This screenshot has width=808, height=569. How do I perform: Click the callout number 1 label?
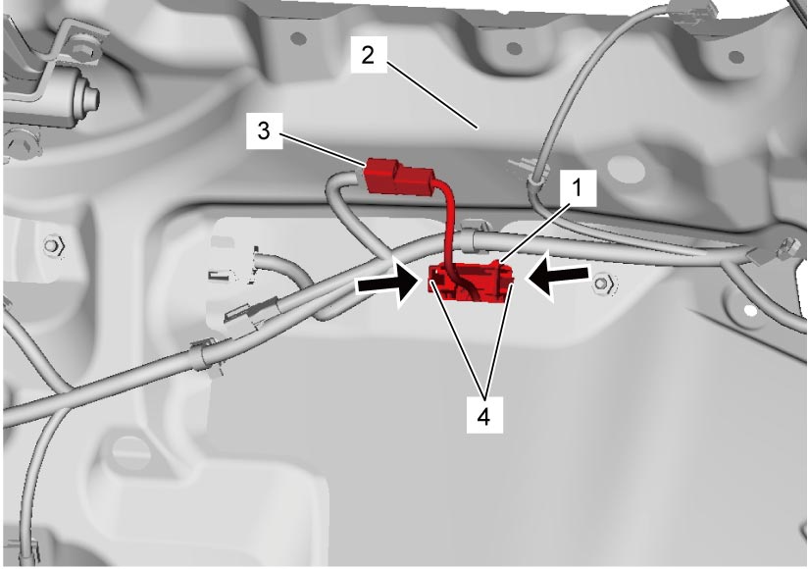click(x=578, y=188)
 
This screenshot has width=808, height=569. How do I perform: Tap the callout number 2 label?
click(x=368, y=55)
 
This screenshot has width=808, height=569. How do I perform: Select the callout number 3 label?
click(x=264, y=130)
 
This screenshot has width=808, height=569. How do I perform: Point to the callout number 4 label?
click(x=484, y=415)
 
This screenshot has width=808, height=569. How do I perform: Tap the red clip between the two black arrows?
click(x=470, y=283)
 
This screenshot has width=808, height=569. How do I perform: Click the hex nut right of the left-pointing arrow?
click(x=604, y=284)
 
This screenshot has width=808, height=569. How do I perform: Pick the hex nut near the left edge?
click(x=54, y=246)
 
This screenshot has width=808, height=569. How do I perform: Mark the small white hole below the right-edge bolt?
click(x=750, y=310)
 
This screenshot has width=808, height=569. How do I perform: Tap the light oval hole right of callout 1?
click(x=626, y=170)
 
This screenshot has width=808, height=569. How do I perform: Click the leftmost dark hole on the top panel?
click(x=298, y=38)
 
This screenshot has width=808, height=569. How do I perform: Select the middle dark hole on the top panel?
click(x=514, y=48)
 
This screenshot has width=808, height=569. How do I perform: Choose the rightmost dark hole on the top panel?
click(x=735, y=57)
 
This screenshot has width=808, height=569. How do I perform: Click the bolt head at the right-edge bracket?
click(x=788, y=246)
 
